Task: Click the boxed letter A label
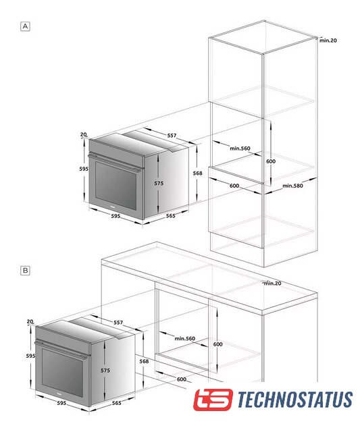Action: tap(25, 26)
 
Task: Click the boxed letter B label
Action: tap(25, 270)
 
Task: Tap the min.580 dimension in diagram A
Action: tap(292, 186)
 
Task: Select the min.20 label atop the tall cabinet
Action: tap(328, 40)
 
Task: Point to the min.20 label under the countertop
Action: tap(273, 283)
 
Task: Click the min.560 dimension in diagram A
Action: tap(240, 148)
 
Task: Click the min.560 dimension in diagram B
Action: tap(184, 338)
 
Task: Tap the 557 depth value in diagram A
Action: tap(172, 135)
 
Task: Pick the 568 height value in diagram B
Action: tap(144, 361)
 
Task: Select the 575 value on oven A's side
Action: tap(159, 183)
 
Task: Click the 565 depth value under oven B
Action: tap(116, 403)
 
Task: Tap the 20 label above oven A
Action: tap(84, 134)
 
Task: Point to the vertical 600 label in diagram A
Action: tap(271, 161)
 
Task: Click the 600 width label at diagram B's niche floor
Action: tap(182, 379)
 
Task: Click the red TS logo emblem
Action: tap(213, 400)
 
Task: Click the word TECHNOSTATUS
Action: tap(295, 400)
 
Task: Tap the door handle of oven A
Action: tap(114, 163)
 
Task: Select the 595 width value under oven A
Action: tap(115, 216)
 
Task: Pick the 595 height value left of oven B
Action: tap(30, 356)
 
